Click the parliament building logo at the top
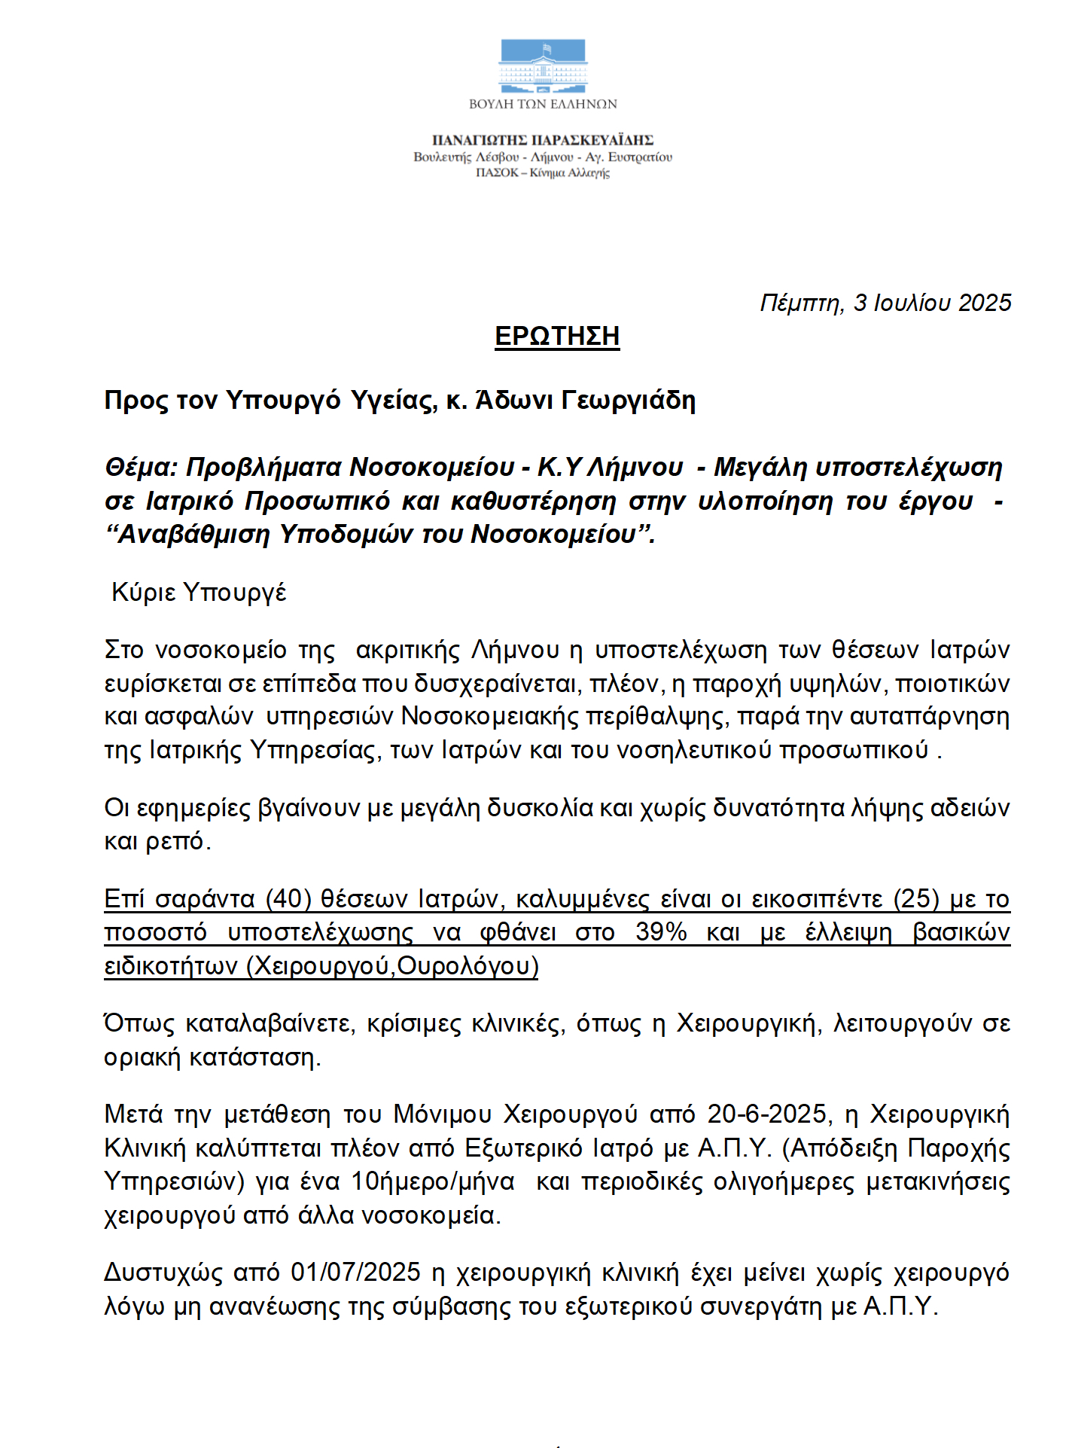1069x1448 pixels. pyautogui.click(x=543, y=66)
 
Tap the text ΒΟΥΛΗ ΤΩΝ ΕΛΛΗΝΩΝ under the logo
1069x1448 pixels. pyautogui.click(x=543, y=104)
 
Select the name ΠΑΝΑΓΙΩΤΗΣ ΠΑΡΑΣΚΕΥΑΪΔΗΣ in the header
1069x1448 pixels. pyautogui.click(x=543, y=140)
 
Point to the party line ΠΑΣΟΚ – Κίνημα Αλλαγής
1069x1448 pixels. pyautogui.click(x=543, y=173)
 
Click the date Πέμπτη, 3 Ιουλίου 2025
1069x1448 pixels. pyautogui.click(x=885, y=303)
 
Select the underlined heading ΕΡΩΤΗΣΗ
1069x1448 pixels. pyautogui.click(x=557, y=336)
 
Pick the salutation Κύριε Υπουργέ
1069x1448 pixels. pyautogui.click(x=199, y=593)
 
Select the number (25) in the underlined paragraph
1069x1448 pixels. pyautogui.click(x=916, y=899)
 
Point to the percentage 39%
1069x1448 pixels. pyautogui.click(x=661, y=932)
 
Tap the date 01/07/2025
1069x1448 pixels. pyautogui.click(x=355, y=1272)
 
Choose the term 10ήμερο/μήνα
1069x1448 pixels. pyautogui.click(x=433, y=1181)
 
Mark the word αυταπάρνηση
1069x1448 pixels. pyautogui.click(x=930, y=716)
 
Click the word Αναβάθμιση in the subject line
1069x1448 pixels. pyautogui.click(x=194, y=534)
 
